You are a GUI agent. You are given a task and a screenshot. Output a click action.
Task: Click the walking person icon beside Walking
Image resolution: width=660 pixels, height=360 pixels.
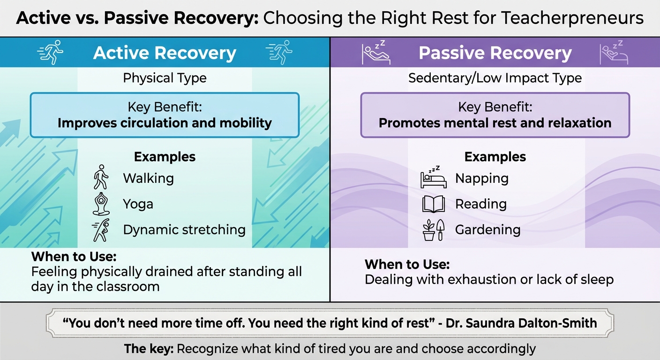pos(100,177)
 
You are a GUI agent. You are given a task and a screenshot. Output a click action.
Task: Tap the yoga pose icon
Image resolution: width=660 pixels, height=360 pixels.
pos(100,204)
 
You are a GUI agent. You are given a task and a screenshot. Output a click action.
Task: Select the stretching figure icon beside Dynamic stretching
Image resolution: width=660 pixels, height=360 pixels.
pos(100,230)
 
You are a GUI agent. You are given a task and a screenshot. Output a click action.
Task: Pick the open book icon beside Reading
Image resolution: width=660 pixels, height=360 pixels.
pos(433,204)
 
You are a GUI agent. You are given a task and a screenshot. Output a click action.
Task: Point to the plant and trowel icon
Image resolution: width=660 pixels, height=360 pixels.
pos(433,230)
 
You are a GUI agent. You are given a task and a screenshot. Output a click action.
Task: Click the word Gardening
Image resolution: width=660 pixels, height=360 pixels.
pos(487,230)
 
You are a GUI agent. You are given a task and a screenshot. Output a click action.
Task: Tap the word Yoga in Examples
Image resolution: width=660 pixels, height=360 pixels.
pos(138,204)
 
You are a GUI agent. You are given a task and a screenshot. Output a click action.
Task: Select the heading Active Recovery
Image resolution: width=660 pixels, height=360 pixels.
pos(165,53)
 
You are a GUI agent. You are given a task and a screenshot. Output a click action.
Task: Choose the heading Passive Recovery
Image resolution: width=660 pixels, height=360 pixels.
pos(495,53)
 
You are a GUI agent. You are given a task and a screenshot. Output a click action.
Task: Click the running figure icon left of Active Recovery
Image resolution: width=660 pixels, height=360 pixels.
pos(50,52)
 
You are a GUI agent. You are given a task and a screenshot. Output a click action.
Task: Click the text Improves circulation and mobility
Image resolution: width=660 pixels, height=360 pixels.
pos(165,123)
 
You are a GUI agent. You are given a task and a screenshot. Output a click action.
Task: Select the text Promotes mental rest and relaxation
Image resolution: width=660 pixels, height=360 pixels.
pos(495,123)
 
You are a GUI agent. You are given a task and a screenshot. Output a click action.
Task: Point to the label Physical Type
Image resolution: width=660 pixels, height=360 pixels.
pos(165,78)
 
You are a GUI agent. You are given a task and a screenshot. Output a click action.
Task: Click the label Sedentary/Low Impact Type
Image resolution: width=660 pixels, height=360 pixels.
pos(495,78)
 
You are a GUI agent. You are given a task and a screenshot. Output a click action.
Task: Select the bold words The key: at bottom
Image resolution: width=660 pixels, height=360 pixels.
pos(149,349)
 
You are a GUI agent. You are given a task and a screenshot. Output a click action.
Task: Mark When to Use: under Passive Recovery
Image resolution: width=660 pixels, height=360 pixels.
pos(407,264)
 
